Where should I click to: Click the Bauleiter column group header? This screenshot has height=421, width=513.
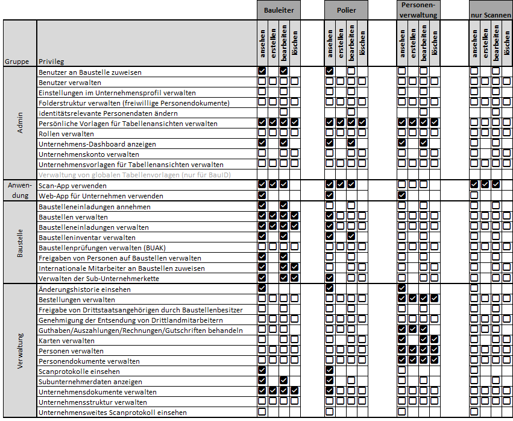point(278,10)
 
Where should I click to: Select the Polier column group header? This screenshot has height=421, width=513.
point(346,10)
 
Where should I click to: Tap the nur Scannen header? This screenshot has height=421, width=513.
point(491,14)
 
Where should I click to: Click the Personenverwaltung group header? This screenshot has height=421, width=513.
point(418,10)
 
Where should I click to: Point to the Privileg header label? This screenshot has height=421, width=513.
point(51,61)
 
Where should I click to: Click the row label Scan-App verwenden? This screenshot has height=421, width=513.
point(72,185)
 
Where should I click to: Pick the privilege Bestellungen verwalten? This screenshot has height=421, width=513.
point(77,299)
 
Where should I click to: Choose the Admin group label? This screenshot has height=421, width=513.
point(20,123)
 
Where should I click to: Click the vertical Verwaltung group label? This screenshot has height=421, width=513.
point(20,350)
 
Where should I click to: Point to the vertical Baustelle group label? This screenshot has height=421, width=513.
point(20,242)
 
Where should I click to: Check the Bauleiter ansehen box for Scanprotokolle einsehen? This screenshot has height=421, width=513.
point(262,371)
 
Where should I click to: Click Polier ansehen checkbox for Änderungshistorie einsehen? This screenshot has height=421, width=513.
point(329,289)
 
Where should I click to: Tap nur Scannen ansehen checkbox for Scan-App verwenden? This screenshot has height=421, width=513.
point(474,185)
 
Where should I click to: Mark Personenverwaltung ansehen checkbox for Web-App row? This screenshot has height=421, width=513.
point(401,195)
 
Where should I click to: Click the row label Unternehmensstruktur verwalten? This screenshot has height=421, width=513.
point(92,402)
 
